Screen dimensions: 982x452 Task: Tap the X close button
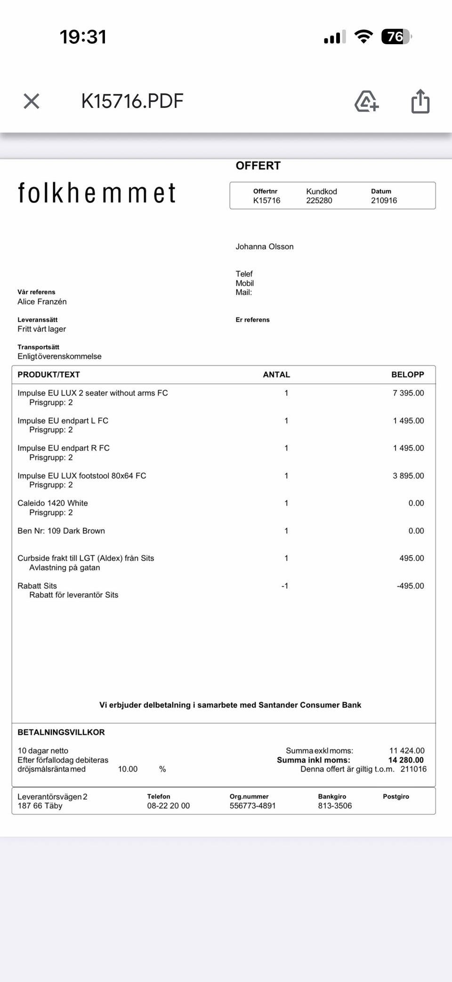point(32,101)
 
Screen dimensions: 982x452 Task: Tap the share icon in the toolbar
point(420,101)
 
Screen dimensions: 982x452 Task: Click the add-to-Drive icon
point(366,101)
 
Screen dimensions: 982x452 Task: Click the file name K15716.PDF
point(132,101)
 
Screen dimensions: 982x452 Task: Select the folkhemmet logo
point(97,193)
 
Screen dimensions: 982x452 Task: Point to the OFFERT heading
point(258,166)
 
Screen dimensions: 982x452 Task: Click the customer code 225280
point(319,200)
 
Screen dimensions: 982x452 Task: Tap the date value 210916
point(384,200)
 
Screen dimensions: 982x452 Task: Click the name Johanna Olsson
point(265,247)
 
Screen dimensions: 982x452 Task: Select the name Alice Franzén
point(42,302)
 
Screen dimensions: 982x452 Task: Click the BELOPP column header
point(407,375)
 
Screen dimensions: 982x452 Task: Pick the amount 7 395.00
point(408,393)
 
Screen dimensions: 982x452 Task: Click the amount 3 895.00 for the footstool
point(408,476)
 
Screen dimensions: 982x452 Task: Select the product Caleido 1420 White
point(53,503)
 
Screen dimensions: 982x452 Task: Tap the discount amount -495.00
point(410,586)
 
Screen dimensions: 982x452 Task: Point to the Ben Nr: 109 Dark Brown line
point(61,531)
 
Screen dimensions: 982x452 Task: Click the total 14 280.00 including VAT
point(406,760)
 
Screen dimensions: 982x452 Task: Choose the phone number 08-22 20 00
point(168,806)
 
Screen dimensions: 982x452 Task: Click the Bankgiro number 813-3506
point(335,806)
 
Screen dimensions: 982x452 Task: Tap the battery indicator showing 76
point(395,37)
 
